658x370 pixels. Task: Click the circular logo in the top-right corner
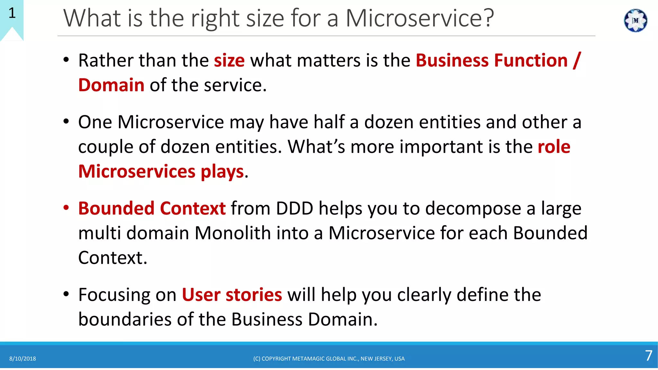[635, 21]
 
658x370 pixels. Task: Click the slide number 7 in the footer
[649, 356]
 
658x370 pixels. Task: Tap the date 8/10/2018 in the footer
[22, 359]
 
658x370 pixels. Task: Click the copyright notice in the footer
[329, 359]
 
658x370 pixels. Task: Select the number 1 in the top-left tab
[12, 13]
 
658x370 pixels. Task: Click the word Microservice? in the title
[419, 18]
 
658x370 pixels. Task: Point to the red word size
[229, 61]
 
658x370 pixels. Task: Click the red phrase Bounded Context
[152, 208]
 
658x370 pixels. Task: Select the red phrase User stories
[232, 295]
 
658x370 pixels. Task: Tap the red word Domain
[111, 85]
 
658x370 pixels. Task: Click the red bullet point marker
[66, 208]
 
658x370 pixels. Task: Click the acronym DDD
[294, 208]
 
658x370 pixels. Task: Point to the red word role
[554, 147]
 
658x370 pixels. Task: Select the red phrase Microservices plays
[161, 172]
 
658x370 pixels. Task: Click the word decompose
[473, 208]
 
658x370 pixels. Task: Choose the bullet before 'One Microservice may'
[66, 122]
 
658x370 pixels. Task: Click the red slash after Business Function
[577, 61]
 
